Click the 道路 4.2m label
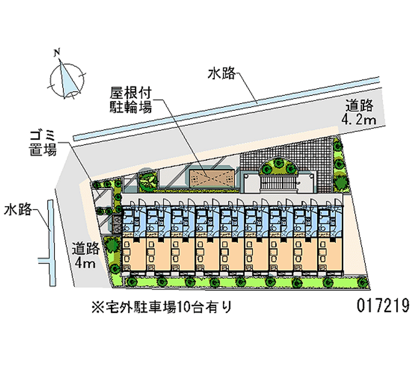359,113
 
